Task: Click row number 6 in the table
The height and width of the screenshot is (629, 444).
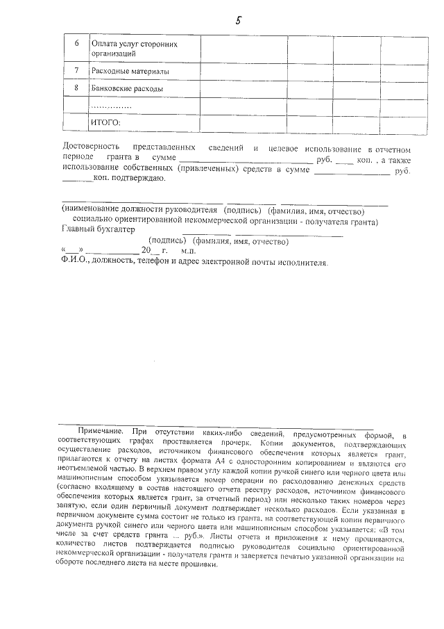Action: click(x=76, y=44)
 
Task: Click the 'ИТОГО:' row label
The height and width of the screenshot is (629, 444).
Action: click(x=106, y=122)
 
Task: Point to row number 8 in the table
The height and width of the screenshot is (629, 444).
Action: click(x=76, y=89)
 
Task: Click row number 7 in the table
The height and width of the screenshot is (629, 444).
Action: click(x=76, y=71)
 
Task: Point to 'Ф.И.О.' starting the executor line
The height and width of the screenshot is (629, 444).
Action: click(x=74, y=262)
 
